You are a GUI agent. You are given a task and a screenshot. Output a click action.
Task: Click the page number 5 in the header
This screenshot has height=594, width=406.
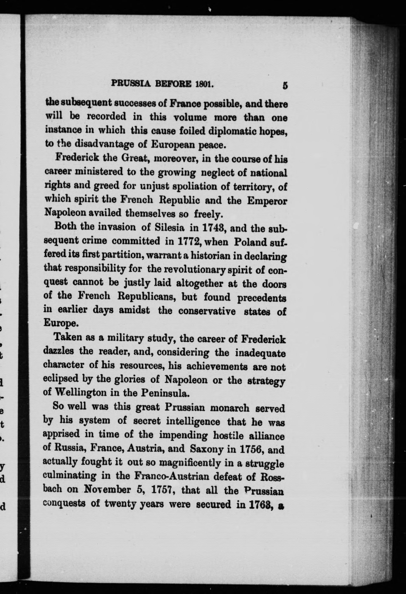[x=285, y=85]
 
